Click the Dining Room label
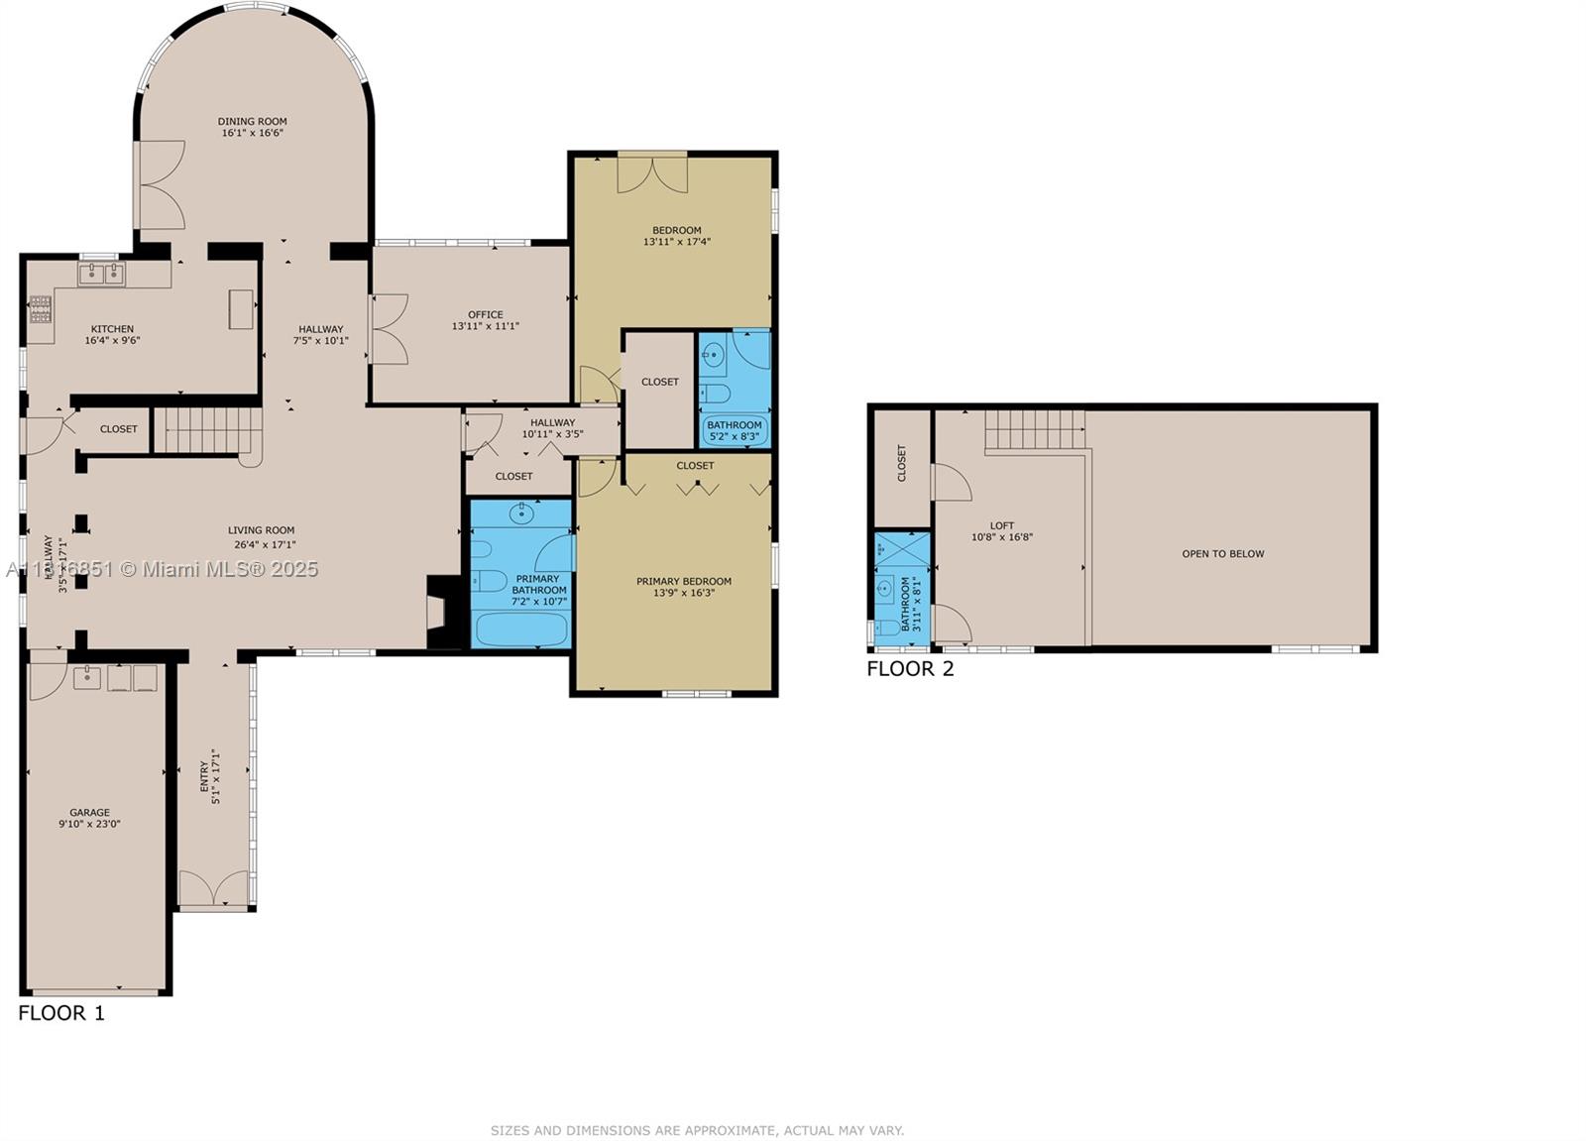[x=252, y=121]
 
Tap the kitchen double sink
[x=101, y=274]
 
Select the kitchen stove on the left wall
[x=40, y=309]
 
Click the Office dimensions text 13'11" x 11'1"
[x=485, y=326]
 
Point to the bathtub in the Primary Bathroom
[x=521, y=628]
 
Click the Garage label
[x=89, y=812]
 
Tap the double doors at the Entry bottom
[x=213, y=888]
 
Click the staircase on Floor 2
[x=1034, y=430]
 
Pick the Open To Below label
[x=1222, y=554]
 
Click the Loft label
[x=1001, y=526]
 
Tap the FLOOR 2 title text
[x=909, y=669]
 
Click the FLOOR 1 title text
[x=60, y=1013]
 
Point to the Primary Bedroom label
[x=683, y=582]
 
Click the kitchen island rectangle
[x=241, y=308]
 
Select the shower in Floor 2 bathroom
[x=901, y=549]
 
